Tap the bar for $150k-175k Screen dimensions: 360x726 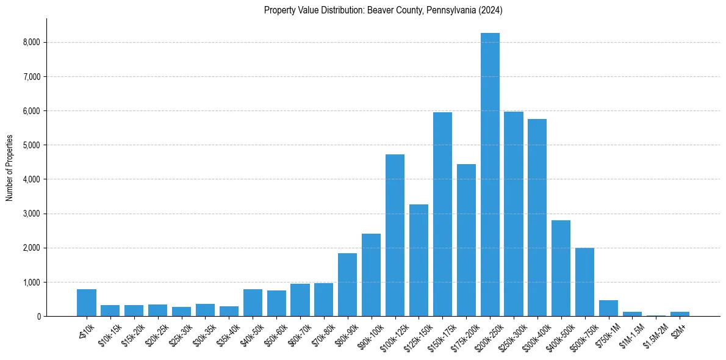coord(442,214)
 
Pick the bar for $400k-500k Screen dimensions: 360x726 coord(561,268)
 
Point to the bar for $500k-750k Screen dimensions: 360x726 coord(585,282)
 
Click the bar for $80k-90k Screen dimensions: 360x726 coord(347,284)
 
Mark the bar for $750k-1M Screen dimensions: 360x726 coord(609,308)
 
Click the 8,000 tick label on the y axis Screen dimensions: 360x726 coord(31,43)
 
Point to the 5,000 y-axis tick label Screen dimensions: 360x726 coord(31,145)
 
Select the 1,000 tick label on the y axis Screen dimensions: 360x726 coord(31,283)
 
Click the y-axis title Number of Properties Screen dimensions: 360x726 coord(9,167)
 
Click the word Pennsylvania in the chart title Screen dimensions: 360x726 coord(445,10)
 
